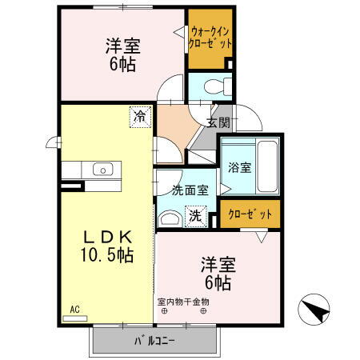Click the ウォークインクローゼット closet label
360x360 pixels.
[x=211, y=37]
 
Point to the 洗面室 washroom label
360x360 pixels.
[x=190, y=190]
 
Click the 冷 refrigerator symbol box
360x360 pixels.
[x=140, y=117]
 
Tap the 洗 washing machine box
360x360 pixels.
[x=195, y=214]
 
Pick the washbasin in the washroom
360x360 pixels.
[x=170, y=218]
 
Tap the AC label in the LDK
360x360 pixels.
[x=74, y=309]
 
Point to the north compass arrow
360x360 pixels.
[x=314, y=308]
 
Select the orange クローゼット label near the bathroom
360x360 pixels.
[x=250, y=214]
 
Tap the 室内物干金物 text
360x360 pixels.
[x=183, y=302]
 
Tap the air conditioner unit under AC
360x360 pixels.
[x=74, y=318]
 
